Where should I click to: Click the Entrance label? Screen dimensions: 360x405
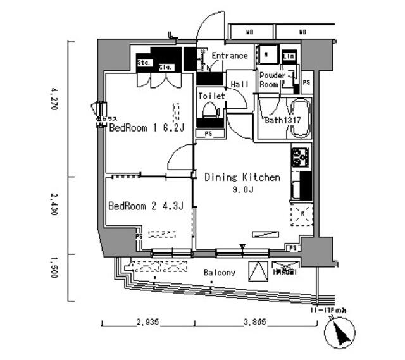pyautogui.click(x=229, y=56)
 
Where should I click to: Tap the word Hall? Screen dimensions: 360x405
pyautogui.click(x=239, y=84)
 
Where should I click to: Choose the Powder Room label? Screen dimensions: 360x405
pyautogui.click(x=272, y=80)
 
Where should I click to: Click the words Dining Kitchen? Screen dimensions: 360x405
pyautogui.click(x=242, y=178)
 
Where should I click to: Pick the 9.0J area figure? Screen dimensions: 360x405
pyautogui.click(x=242, y=190)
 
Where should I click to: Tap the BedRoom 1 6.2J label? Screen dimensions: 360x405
pyautogui.click(x=146, y=128)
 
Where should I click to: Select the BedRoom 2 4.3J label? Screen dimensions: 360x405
pyautogui.click(x=146, y=206)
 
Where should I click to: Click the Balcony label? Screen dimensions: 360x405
pyautogui.click(x=220, y=273)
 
